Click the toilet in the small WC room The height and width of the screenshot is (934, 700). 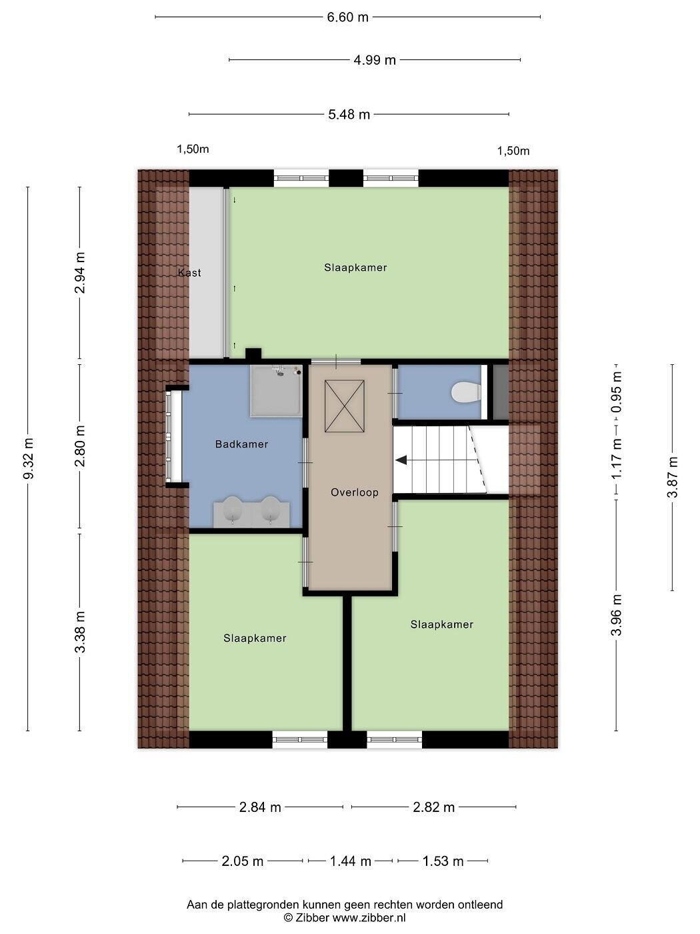point(466,392)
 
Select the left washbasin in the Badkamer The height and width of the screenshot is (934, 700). point(232,508)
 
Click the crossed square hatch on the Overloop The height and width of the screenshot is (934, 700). point(344,406)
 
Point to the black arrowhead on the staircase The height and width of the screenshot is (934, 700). point(401,460)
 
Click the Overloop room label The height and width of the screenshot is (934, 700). point(355,492)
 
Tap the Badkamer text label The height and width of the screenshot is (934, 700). point(241,444)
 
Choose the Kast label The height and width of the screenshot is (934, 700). point(189,273)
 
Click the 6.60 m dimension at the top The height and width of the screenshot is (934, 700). point(347,17)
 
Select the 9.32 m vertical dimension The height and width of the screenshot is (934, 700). point(29,458)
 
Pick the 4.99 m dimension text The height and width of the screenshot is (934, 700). point(375,60)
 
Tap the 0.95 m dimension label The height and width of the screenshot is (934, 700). point(617,392)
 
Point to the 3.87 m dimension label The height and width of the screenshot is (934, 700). point(673,477)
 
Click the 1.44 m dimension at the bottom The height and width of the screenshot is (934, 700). point(351,861)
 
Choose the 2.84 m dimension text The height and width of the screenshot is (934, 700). point(260,807)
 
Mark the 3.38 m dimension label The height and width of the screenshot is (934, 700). point(80,632)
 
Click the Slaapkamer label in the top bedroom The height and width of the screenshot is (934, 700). point(355,268)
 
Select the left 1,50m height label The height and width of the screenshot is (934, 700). point(193,149)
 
